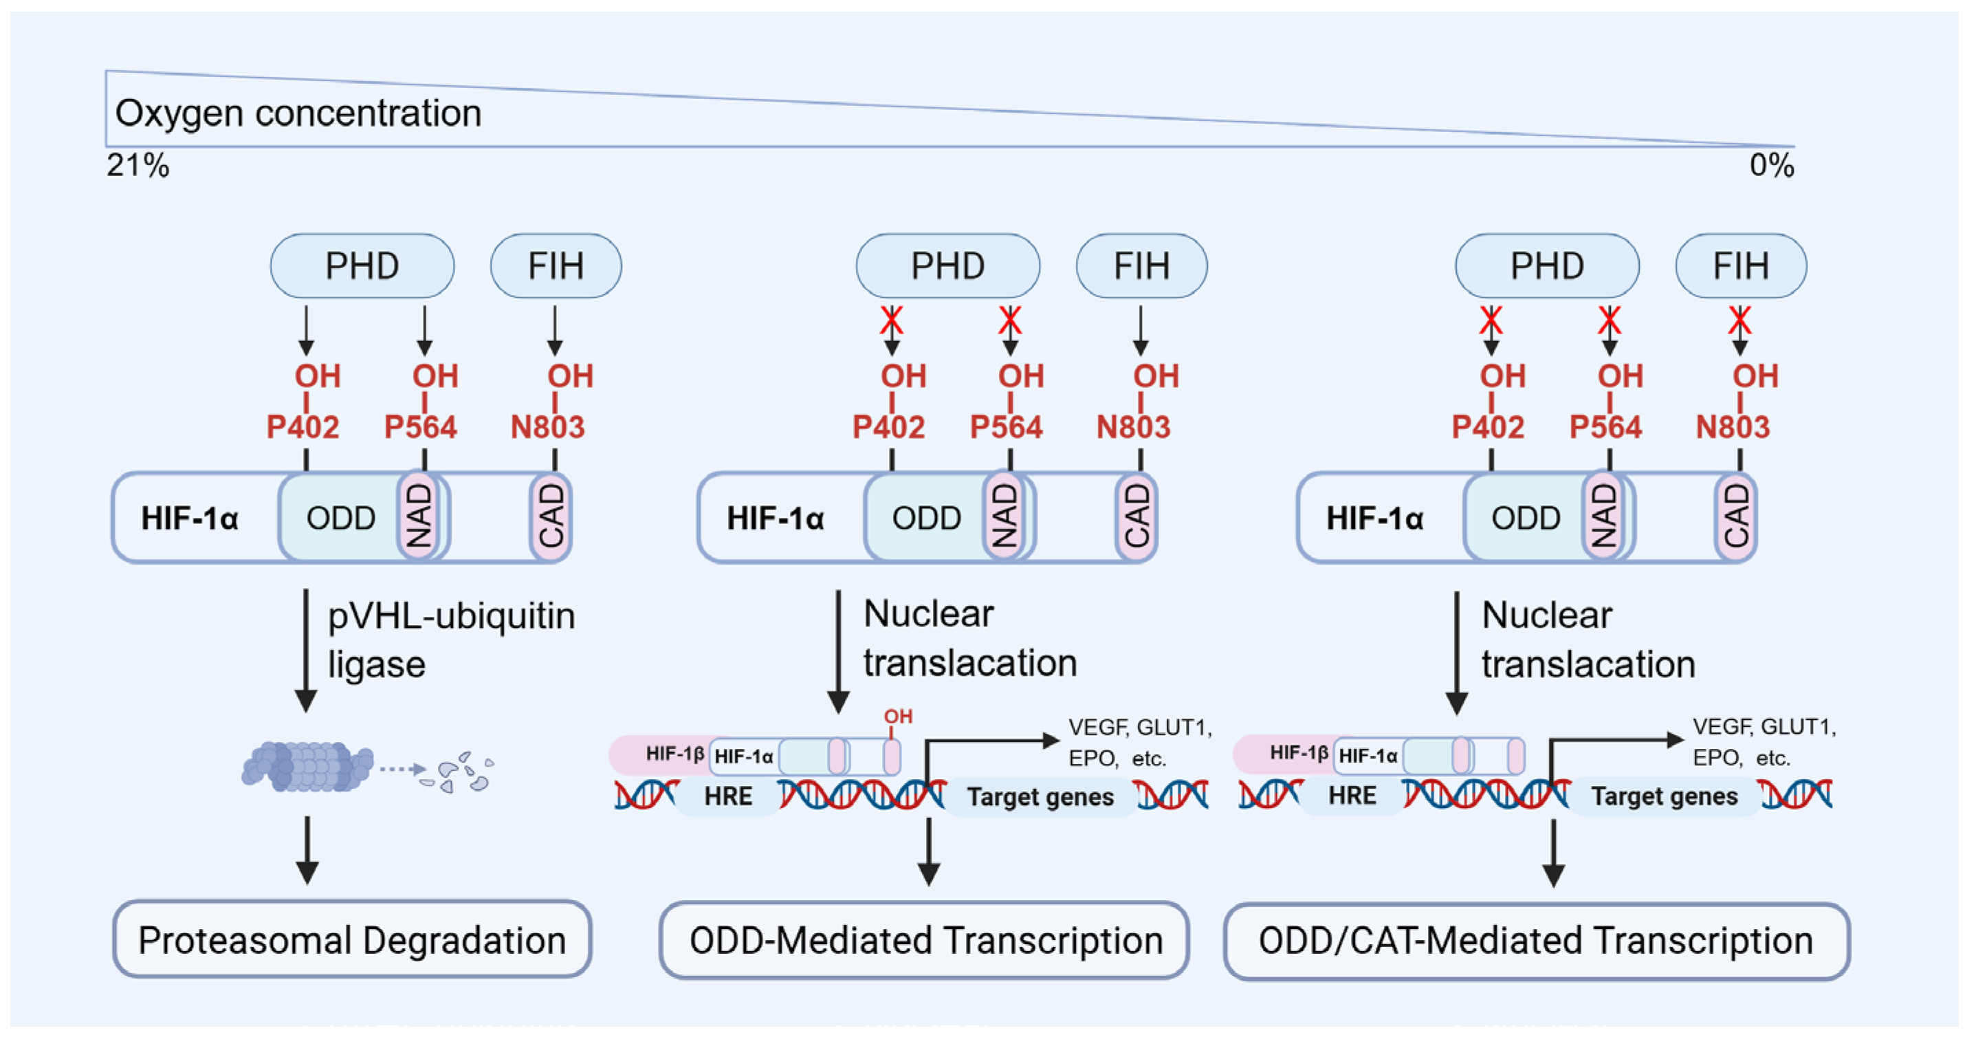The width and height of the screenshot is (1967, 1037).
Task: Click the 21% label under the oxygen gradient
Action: tap(138, 165)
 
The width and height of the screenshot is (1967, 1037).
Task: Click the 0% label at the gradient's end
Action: tap(1772, 165)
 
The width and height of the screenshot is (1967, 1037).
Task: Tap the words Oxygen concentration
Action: tap(298, 113)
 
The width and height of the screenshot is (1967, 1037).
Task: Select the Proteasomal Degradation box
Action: tap(352, 939)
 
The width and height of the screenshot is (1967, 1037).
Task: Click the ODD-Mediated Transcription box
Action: tap(925, 940)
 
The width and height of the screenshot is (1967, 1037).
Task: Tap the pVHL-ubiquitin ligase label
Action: tap(450, 639)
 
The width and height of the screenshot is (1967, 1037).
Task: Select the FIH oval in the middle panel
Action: tap(1141, 265)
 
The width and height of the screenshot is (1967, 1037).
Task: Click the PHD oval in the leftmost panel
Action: tap(362, 265)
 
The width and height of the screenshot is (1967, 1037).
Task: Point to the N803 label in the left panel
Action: tap(547, 427)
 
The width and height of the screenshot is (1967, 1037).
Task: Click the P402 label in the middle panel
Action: tap(889, 427)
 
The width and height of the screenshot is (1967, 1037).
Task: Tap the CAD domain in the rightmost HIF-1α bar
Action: tap(1735, 517)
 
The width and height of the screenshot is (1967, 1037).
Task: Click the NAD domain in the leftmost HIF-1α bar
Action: tap(419, 517)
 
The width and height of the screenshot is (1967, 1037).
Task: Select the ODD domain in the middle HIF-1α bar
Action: tap(926, 518)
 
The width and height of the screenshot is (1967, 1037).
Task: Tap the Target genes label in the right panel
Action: tap(1664, 796)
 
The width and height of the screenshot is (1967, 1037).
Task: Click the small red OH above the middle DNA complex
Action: tap(898, 717)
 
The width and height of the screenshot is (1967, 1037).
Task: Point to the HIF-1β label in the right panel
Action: tap(1299, 753)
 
